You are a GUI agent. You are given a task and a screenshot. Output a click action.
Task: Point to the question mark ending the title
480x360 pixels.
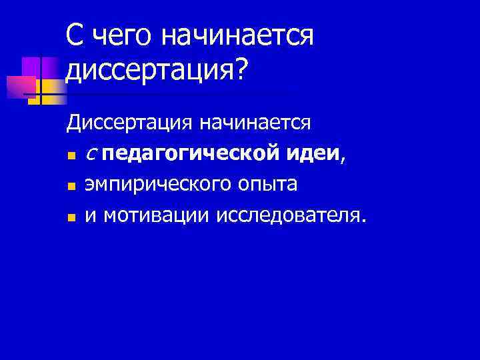click(239, 72)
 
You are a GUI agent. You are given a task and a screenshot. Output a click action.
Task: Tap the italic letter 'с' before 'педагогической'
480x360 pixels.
click(91, 155)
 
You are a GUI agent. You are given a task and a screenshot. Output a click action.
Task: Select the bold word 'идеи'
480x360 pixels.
click(313, 154)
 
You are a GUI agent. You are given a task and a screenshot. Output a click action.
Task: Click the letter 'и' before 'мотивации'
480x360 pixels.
click(91, 217)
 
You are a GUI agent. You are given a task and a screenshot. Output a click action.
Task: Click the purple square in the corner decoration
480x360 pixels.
click(31, 67)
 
